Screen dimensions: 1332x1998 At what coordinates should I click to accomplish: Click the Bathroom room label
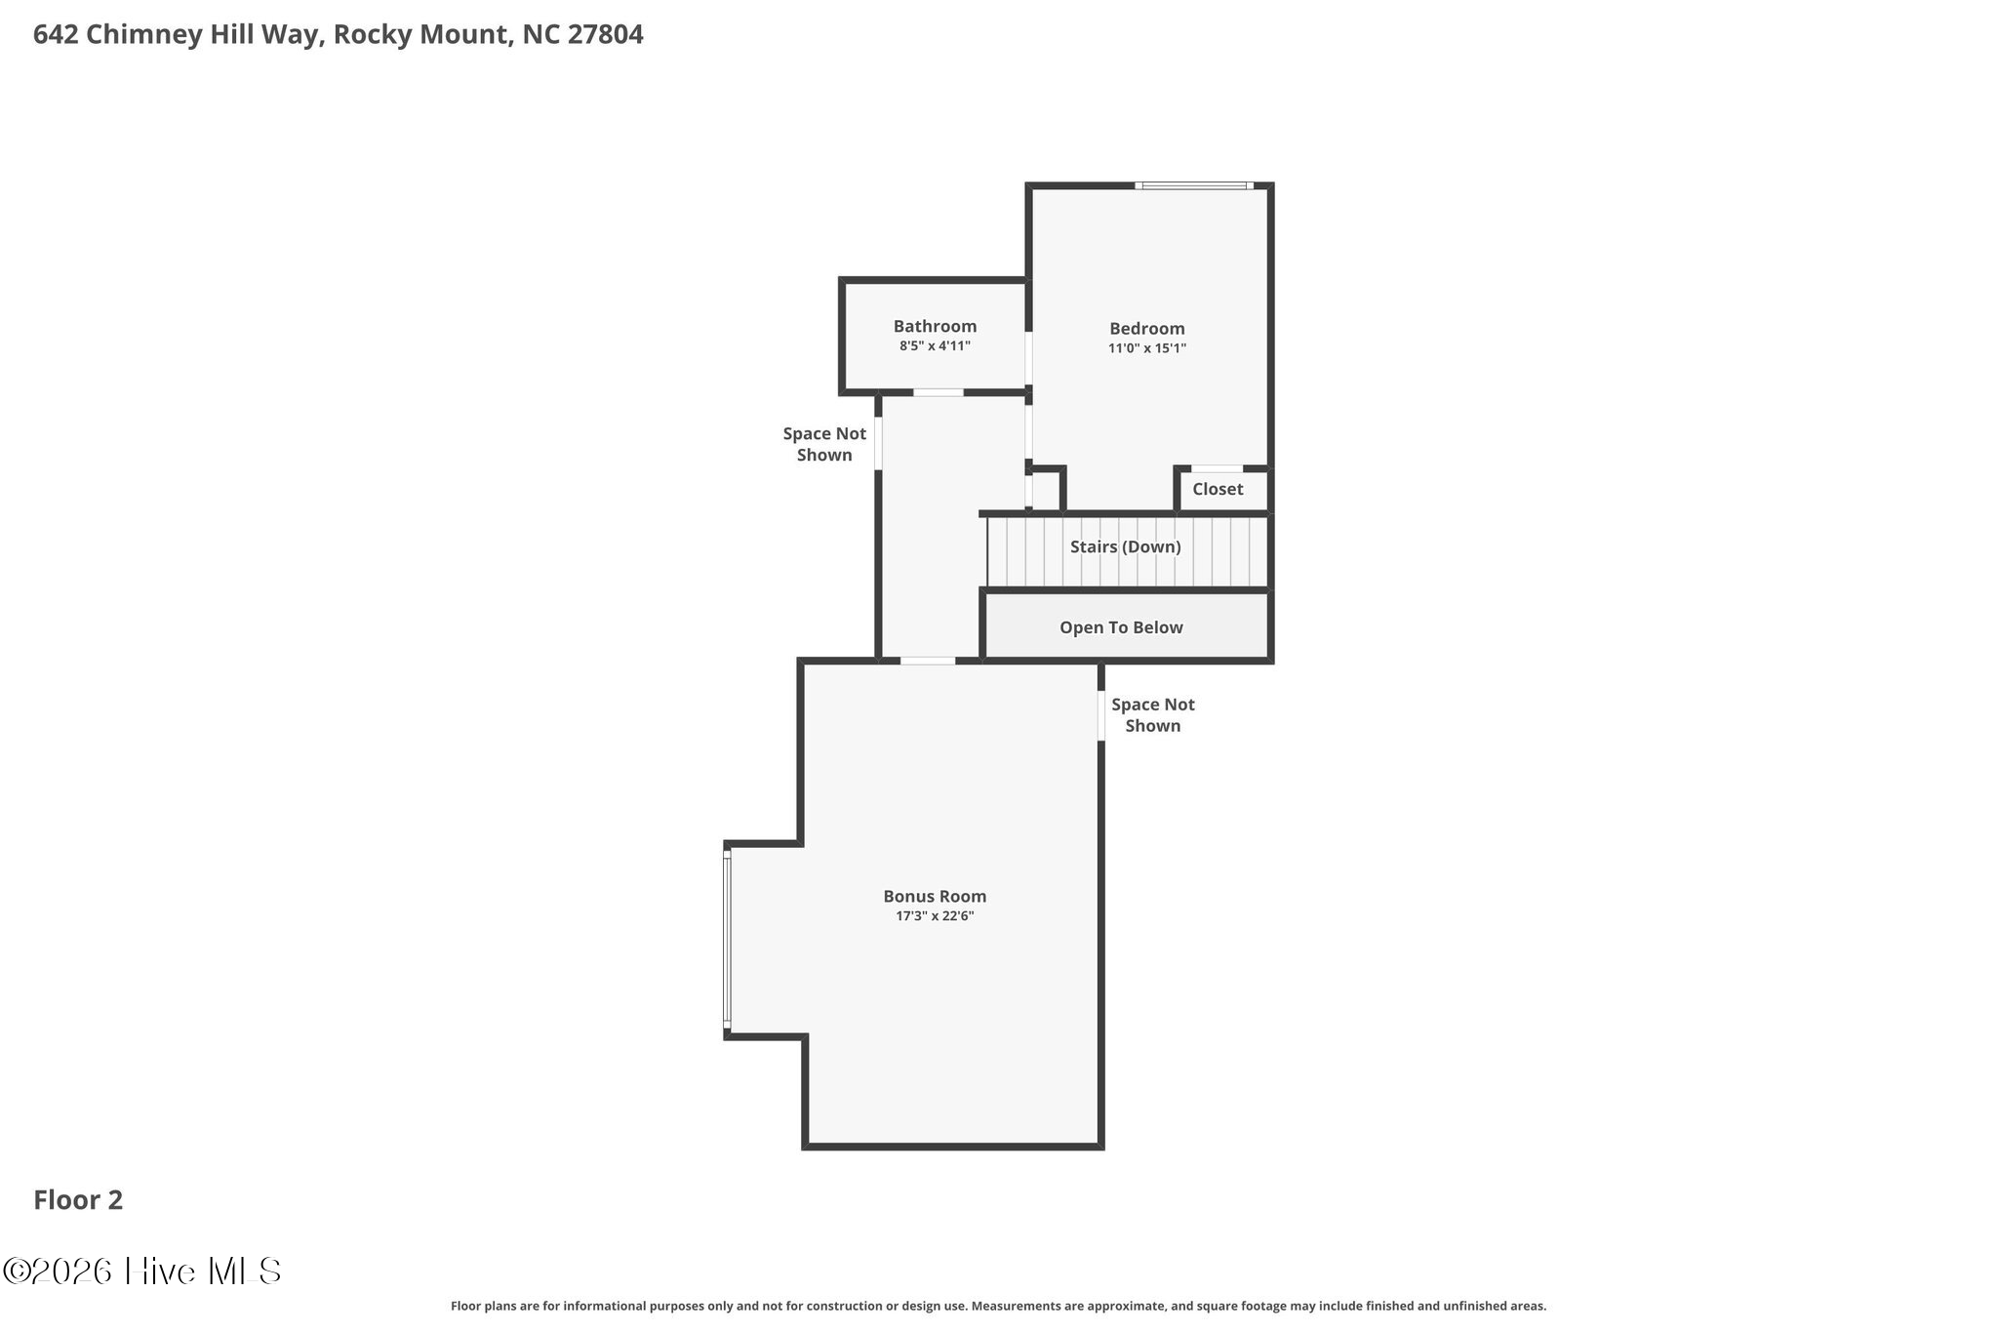(935, 327)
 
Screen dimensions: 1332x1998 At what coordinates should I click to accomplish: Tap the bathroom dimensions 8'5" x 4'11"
(935, 345)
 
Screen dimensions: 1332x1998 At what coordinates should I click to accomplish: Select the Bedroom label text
(1146, 329)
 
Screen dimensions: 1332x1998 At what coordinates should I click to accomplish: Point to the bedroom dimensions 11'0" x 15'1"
(1146, 348)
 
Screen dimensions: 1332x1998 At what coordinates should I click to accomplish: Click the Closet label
(1217, 489)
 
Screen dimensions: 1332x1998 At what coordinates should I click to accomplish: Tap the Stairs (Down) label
(1125, 546)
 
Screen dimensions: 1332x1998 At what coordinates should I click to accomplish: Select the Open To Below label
(1121, 627)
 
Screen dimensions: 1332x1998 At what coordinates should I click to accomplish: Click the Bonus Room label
(935, 896)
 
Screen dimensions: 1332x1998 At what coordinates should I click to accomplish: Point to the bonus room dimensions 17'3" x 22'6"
(935, 915)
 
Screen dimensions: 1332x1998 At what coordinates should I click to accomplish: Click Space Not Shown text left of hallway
(824, 444)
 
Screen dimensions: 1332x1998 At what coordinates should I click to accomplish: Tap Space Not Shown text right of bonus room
(1152, 715)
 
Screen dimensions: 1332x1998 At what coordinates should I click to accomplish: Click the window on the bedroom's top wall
(1194, 185)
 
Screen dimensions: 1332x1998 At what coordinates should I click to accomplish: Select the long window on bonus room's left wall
(727, 938)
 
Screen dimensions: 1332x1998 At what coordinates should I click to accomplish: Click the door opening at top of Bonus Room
(927, 661)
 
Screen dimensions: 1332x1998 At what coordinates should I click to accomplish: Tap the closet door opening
(1217, 469)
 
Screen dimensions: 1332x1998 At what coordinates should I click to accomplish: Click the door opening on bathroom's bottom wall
(938, 392)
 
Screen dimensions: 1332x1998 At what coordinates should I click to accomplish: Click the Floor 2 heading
(78, 1200)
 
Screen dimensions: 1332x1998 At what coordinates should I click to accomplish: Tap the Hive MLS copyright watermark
(142, 1271)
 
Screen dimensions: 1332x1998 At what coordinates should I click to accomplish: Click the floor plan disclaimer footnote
(998, 1306)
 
